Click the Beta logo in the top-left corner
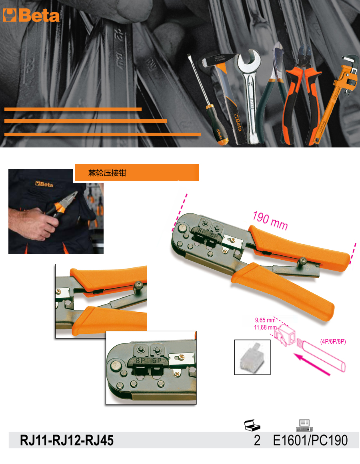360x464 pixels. click(31, 16)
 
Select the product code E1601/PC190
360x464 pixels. click(310, 440)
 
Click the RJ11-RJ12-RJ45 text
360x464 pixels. click(67, 440)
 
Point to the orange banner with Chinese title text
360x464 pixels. click(137, 173)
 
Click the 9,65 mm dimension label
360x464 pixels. click(265, 320)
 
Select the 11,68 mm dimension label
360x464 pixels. click(265, 327)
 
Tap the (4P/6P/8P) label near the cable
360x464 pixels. click(333, 341)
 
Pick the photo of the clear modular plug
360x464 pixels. click(252, 357)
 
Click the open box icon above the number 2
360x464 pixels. click(252, 425)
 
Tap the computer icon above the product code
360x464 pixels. click(304, 425)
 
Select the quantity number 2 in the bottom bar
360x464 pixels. click(257, 440)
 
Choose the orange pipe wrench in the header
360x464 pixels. click(334, 101)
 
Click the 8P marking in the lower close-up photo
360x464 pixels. click(140, 360)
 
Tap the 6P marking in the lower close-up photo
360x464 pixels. click(157, 360)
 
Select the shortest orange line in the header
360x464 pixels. click(73, 109)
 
